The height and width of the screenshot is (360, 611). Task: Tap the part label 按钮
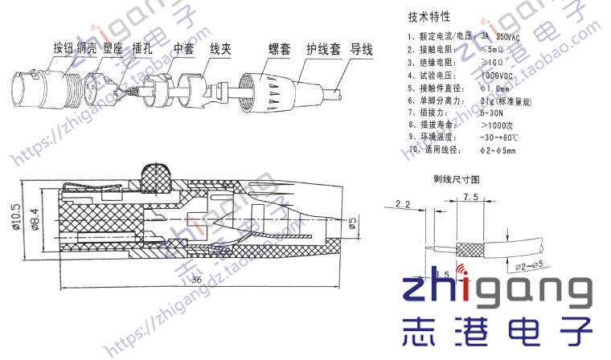point(64,48)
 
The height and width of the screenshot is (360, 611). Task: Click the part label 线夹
point(220,48)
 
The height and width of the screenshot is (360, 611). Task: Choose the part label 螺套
point(278,50)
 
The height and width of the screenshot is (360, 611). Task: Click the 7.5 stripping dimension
point(471,197)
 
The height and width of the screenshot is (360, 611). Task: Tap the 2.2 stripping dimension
point(404,206)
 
